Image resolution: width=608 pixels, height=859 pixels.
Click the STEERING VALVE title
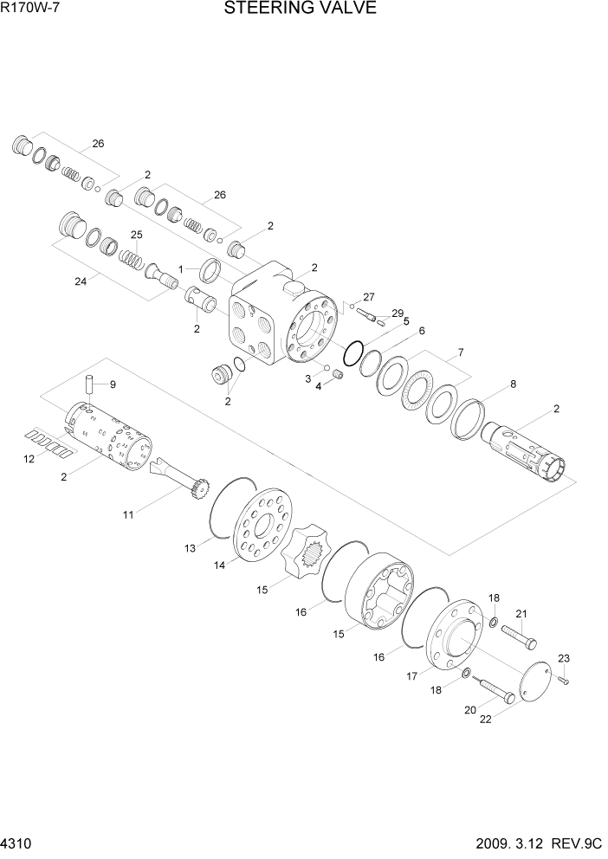point(301,8)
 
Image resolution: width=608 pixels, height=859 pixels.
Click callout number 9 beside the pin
point(113,384)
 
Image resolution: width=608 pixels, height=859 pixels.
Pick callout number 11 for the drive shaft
point(128,515)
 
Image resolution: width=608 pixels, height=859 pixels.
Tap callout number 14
point(219,565)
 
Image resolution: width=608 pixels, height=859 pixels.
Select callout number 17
point(412,676)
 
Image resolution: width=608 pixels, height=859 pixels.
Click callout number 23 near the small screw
point(564,658)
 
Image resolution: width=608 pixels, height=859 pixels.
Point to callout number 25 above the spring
point(136,235)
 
